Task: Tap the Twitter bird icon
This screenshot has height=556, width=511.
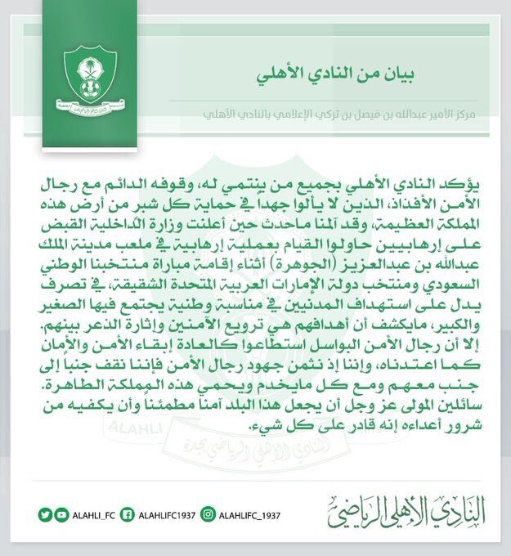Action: [x=45, y=514]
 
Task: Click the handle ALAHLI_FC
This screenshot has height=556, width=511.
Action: [x=95, y=514]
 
